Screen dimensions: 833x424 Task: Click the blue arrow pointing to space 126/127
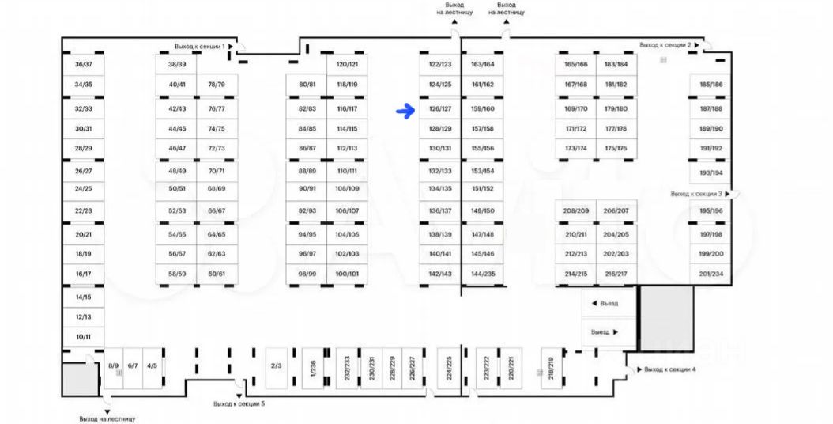pos(405,111)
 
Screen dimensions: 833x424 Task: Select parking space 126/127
pos(440,108)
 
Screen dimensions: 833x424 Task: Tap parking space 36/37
pos(83,64)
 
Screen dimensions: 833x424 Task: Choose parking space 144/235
pos(482,274)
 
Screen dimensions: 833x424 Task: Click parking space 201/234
pos(710,274)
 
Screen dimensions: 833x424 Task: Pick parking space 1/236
pos(312,369)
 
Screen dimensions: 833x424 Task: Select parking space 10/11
pos(83,336)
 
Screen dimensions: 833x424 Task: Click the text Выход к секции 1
pos(200,47)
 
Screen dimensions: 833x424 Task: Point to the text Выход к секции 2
pos(665,45)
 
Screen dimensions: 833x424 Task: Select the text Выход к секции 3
pos(695,194)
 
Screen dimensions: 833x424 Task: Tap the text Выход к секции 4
pos(669,369)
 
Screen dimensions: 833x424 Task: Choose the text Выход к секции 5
pos(239,403)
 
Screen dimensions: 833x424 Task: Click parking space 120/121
pos(347,64)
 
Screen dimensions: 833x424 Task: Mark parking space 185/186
pos(710,85)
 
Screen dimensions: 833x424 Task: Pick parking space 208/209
pos(576,211)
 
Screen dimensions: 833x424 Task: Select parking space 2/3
pos(276,365)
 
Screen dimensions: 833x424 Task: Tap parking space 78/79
pos(217,85)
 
